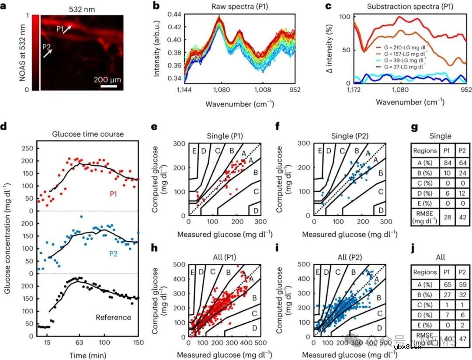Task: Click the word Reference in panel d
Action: pyautogui.click(x=113, y=317)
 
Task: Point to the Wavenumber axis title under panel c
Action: pyautogui.click(x=410, y=102)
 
